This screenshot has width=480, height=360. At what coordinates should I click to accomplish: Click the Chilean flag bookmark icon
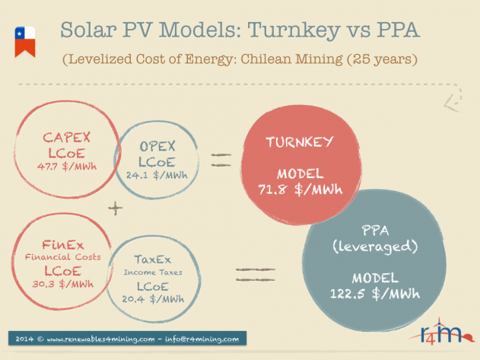point(25,42)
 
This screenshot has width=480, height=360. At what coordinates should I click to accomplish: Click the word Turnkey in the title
point(294,30)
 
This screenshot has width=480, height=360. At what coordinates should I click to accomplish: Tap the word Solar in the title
point(88,30)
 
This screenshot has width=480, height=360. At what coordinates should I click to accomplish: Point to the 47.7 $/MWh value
point(67,167)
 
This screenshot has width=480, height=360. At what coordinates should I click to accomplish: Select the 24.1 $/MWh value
point(157,175)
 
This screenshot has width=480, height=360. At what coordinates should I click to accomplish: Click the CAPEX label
point(67,138)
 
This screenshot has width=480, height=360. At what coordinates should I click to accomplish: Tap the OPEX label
point(157,146)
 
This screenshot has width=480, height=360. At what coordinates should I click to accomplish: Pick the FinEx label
point(62,245)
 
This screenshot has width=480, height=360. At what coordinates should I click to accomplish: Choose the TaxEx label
point(153,260)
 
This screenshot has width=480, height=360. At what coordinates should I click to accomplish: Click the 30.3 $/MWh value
point(62,284)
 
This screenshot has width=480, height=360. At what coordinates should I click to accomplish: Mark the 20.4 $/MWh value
point(153,298)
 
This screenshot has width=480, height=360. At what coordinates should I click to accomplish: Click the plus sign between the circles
point(116,209)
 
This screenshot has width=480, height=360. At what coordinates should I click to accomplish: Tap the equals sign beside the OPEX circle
point(221,160)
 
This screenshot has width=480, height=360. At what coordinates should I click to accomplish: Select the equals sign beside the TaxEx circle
point(256,275)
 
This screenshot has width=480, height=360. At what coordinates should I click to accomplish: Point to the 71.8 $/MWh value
point(300,190)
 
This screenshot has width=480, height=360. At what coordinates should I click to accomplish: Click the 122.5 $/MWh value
point(375,294)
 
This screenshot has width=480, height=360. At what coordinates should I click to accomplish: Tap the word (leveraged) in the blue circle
point(375,247)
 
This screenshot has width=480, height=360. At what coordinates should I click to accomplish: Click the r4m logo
point(441,332)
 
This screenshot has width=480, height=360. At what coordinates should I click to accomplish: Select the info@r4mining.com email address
point(202,339)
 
